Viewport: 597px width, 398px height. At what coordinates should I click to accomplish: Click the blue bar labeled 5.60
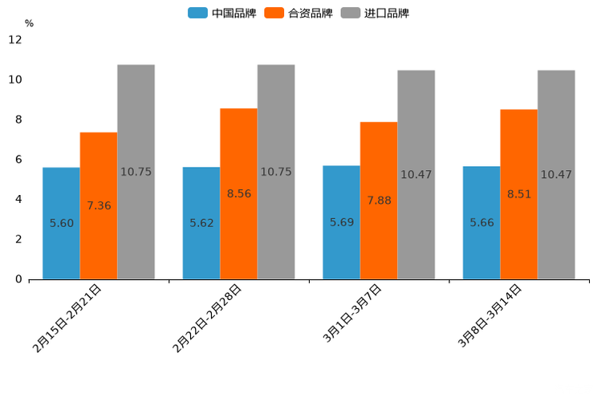(x=61, y=223)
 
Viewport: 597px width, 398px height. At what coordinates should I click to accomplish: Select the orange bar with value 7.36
(x=99, y=205)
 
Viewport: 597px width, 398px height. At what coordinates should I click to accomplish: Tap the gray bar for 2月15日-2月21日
(x=136, y=172)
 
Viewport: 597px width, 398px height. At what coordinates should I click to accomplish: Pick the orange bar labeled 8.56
(x=238, y=193)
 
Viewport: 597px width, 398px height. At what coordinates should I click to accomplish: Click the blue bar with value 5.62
(x=201, y=223)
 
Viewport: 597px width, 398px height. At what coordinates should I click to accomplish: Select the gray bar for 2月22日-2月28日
(x=276, y=172)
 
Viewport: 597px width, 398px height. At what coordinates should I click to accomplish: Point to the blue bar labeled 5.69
(x=341, y=222)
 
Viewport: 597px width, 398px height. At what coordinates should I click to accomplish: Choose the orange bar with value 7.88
(x=379, y=201)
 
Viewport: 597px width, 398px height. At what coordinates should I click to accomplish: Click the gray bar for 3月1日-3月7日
(x=416, y=174)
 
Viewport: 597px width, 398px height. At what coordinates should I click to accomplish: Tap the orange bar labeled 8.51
(x=518, y=194)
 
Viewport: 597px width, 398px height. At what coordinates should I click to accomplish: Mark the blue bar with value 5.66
(x=481, y=222)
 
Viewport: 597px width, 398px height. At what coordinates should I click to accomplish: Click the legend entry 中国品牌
(x=222, y=13)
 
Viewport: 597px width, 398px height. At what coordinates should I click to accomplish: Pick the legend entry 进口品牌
(x=375, y=13)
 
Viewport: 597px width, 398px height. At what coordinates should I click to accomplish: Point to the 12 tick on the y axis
(x=15, y=40)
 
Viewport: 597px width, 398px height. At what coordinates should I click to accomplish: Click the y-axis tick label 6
(x=18, y=160)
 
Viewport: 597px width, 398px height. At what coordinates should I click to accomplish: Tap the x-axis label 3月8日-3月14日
(x=489, y=315)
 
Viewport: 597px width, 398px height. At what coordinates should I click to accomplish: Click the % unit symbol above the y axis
(x=29, y=23)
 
